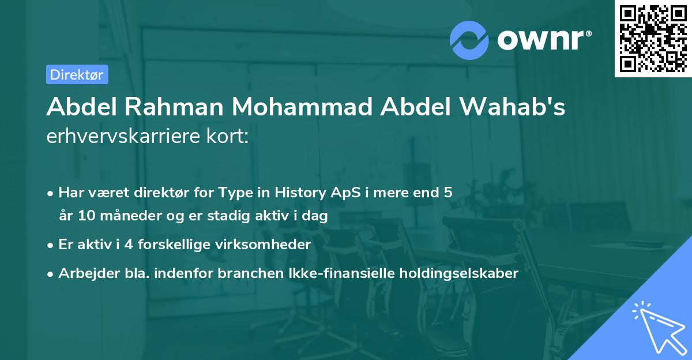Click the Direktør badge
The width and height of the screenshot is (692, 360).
[77, 74]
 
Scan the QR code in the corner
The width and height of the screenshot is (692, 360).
[652, 38]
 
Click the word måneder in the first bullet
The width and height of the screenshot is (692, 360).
[120, 217]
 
